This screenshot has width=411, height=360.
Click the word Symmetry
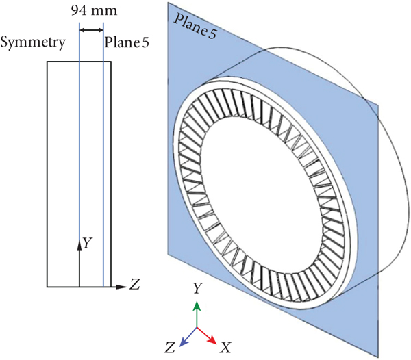(34, 42)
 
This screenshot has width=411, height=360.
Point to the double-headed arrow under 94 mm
(91, 30)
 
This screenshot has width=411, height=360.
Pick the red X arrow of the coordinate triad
(208, 335)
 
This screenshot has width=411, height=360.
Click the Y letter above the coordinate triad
(197, 289)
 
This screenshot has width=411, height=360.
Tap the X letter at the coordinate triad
(225, 348)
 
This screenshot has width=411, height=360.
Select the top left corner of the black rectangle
(46, 62)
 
